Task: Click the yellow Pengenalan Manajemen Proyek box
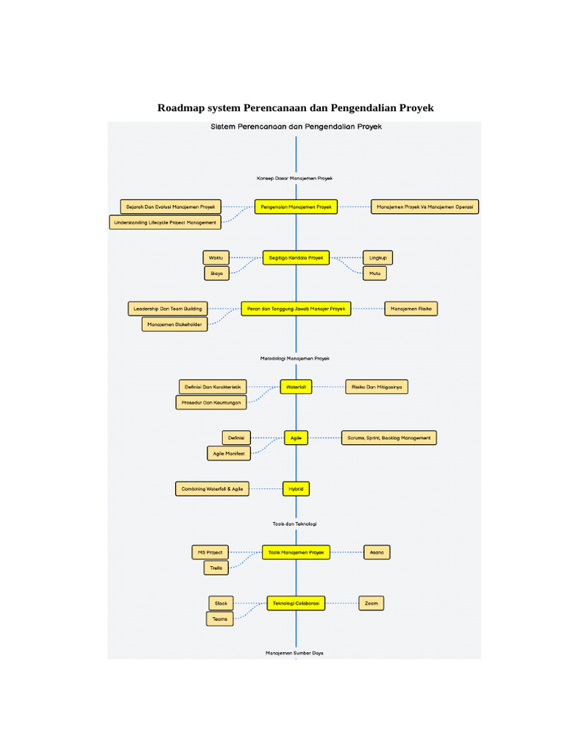tap(296, 207)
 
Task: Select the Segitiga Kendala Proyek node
tap(296, 257)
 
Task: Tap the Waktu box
tap(216, 257)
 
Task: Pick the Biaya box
tap(216, 274)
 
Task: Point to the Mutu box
tap(375, 273)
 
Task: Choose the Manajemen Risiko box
tap(411, 309)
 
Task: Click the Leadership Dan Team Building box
tap(166, 309)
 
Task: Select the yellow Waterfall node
tap(296, 386)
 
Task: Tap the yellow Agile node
tap(296, 438)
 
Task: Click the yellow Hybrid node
tap(296, 488)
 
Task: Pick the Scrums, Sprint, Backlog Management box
tap(388, 438)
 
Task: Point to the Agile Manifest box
tap(229, 454)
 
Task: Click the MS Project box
tap(210, 552)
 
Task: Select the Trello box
tap(216, 568)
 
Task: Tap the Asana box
tap(377, 552)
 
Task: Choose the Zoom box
tap(372, 603)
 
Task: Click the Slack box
tap(221, 603)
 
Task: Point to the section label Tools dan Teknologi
tap(294, 524)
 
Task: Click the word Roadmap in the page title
tap(181, 108)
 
